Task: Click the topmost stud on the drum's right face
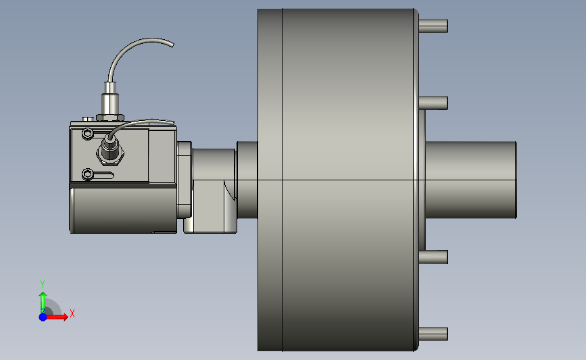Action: [433, 26]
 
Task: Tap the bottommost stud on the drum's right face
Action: [433, 334]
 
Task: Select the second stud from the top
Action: [433, 103]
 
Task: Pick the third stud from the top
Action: [433, 257]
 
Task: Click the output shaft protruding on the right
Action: [471, 180]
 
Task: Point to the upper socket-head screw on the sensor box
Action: [87, 133]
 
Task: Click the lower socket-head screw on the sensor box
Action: [87, 174]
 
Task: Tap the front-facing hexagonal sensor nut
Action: [110, 153]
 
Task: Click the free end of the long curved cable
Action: [172, 45]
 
